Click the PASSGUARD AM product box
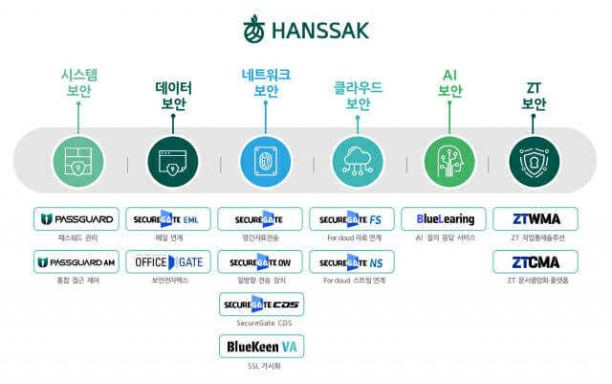pos(76,261)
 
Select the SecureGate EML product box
pos(168,218)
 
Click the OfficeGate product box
pos(168,261)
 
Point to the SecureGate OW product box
pos(261,261)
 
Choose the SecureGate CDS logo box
pos(261,305)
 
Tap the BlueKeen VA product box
pos(261,346)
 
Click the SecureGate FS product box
pos(353,218)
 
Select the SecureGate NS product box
pos(353,261)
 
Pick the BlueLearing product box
pos(445,218)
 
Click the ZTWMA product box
pos(535,218)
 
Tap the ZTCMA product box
pos(535,261)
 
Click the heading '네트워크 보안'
pos(266,81)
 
